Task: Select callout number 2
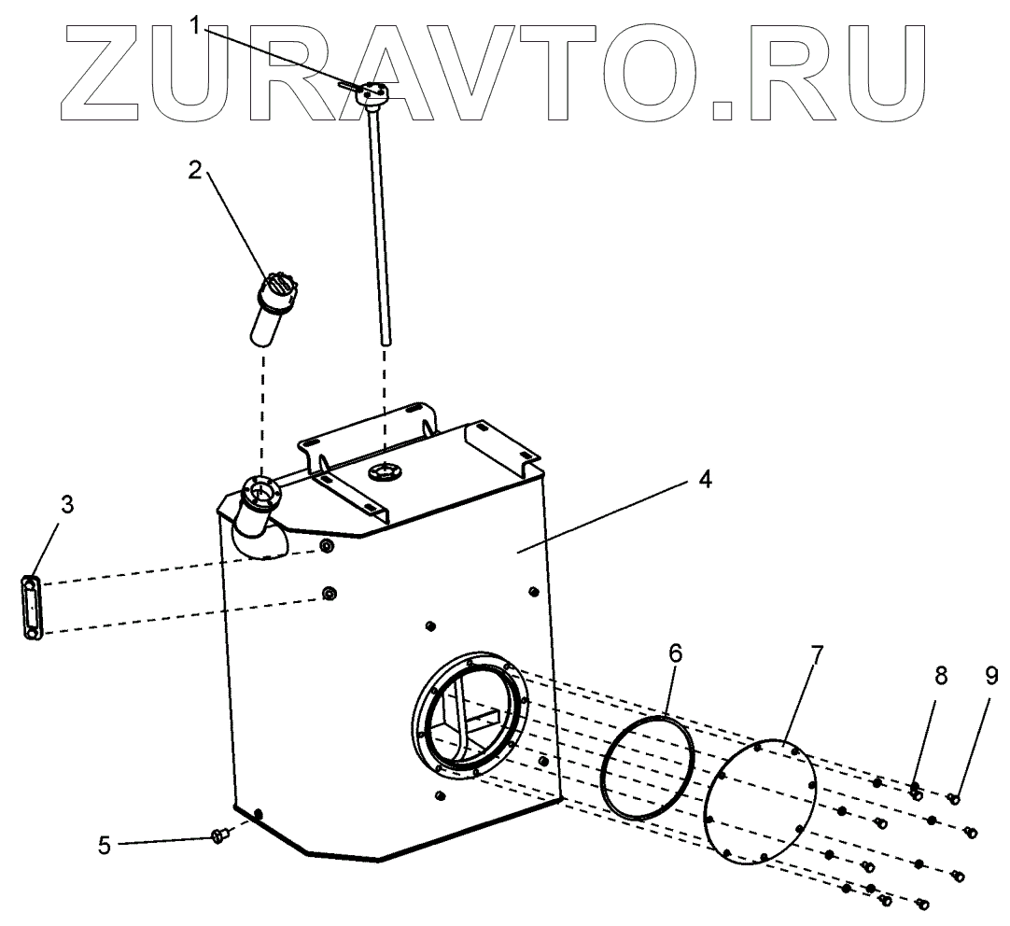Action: [194, 171]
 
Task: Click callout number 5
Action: [105, 845]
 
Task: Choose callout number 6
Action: [675, 653]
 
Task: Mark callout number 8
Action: [940, 675]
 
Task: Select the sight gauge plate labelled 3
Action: [33, 608]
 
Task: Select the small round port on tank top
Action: [384, 471]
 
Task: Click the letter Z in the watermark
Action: [100, 71]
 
